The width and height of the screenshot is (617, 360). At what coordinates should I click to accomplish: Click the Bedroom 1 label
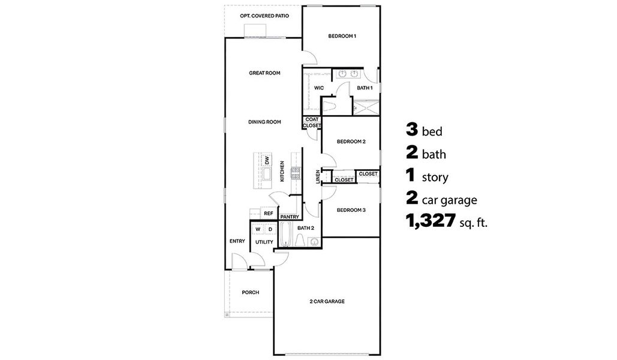(342, 37)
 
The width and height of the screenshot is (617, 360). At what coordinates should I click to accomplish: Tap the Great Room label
(264, 73)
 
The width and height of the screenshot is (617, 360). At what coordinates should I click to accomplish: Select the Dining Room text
(264, 122)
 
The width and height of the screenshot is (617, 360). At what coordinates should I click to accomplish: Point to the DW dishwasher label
(267, 160)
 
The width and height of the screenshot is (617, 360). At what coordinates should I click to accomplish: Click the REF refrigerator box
(268, 214)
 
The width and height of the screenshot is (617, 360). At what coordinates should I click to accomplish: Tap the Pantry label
(290, 217)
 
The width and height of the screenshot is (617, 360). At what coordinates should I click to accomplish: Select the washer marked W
(258, 229)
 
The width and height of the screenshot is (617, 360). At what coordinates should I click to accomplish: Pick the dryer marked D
(270, 229)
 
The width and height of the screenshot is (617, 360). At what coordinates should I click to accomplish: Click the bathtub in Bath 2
(286, 235)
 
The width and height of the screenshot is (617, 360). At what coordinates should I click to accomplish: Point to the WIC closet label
(319, 88)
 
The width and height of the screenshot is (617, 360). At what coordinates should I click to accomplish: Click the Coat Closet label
(312, 122)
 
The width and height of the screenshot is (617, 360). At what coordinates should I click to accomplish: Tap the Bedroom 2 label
(351, 142)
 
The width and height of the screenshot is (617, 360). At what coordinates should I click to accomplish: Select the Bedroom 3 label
(351, 210)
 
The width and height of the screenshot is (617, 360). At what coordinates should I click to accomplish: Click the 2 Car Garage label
(327, 301)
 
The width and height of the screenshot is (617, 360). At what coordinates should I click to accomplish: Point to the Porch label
(250, 293)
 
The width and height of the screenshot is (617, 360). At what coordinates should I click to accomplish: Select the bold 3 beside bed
(411, 130)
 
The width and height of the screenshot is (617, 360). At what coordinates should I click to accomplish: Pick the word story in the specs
(435, 178)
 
